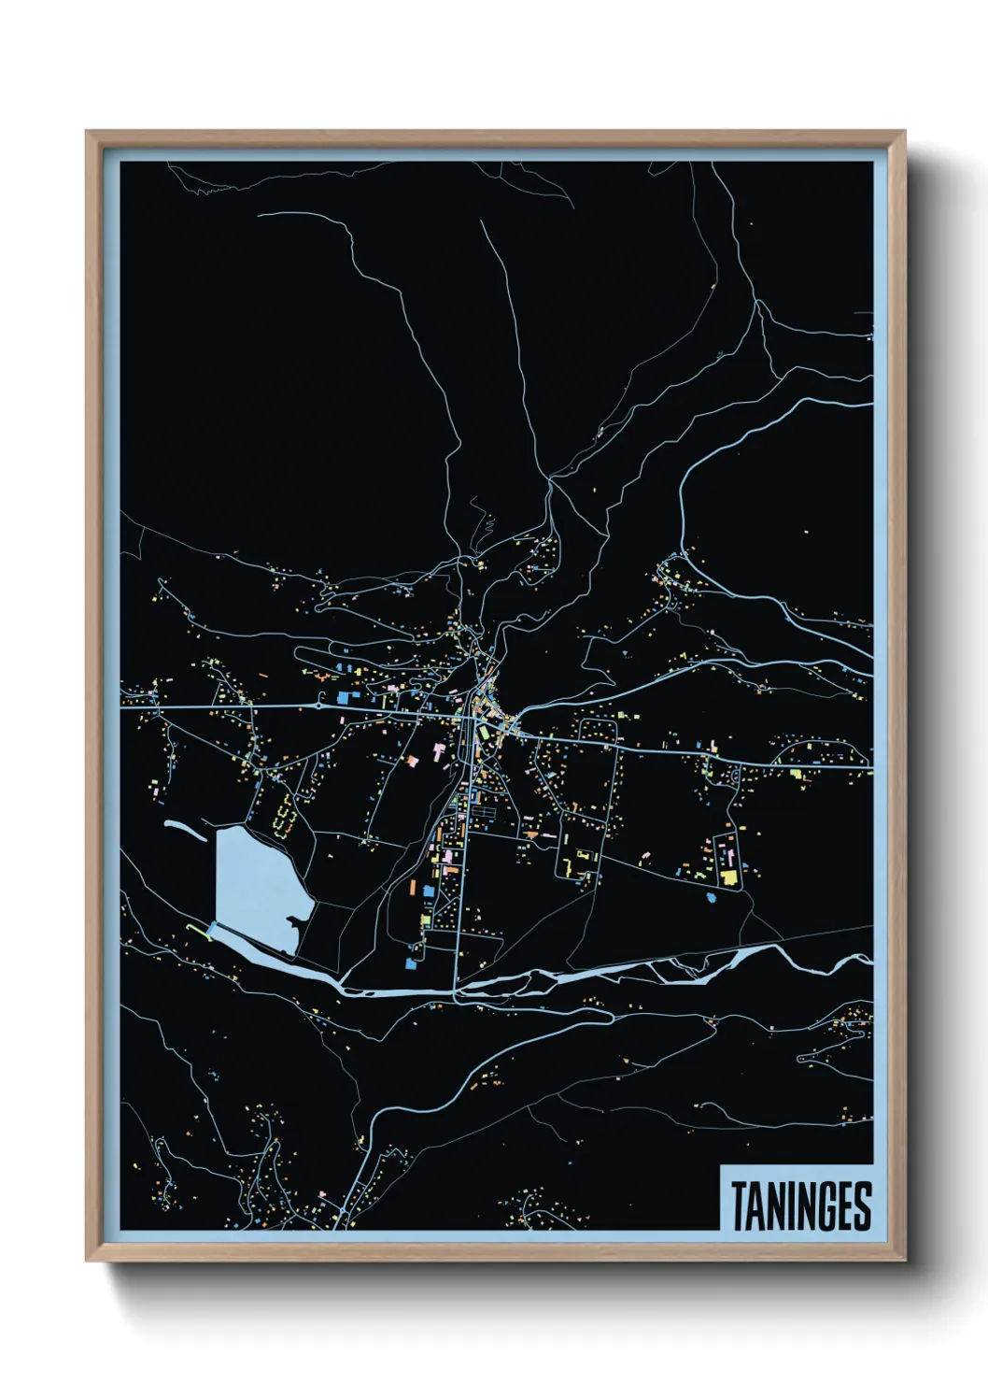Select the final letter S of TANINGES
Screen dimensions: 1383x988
[x=862, y=1206]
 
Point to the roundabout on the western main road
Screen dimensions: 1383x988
[x=319, y=706]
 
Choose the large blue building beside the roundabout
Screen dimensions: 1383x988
[x=342, y=697]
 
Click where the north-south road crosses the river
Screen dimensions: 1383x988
[x=455, y=987]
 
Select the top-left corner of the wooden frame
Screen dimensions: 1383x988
[x=87, y=132]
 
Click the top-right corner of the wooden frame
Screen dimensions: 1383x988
[x=904, y=132]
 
